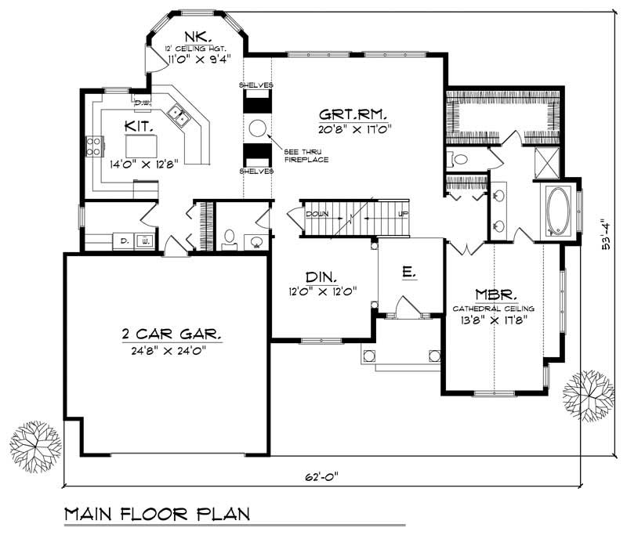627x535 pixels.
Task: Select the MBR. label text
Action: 493,295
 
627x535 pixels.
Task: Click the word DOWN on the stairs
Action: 317,213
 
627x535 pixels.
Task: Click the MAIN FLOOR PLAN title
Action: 156,515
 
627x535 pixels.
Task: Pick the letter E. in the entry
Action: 408,273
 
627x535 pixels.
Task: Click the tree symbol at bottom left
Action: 34,446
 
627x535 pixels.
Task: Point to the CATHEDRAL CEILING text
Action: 493,309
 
